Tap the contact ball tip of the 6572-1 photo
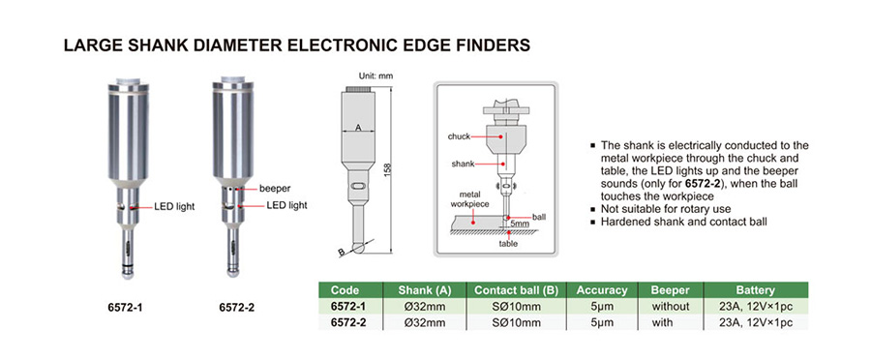click(128, 273)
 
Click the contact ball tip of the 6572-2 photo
click(232, 272)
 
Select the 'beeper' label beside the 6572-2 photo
click(275, 189)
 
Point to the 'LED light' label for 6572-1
click(175, 207)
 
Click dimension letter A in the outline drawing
click(358, 128)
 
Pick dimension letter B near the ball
click(341, 253)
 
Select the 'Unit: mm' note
click(376, 75)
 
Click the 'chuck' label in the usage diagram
click(460, 136)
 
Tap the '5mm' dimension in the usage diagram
click(520, 224)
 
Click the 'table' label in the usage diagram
click(508, 243)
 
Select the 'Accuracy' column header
click(602, 290)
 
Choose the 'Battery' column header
click(755, 290)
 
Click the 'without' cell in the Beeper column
click(670, 306)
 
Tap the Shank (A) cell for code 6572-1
click(425, 306)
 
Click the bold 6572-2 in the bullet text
click(703, 183)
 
